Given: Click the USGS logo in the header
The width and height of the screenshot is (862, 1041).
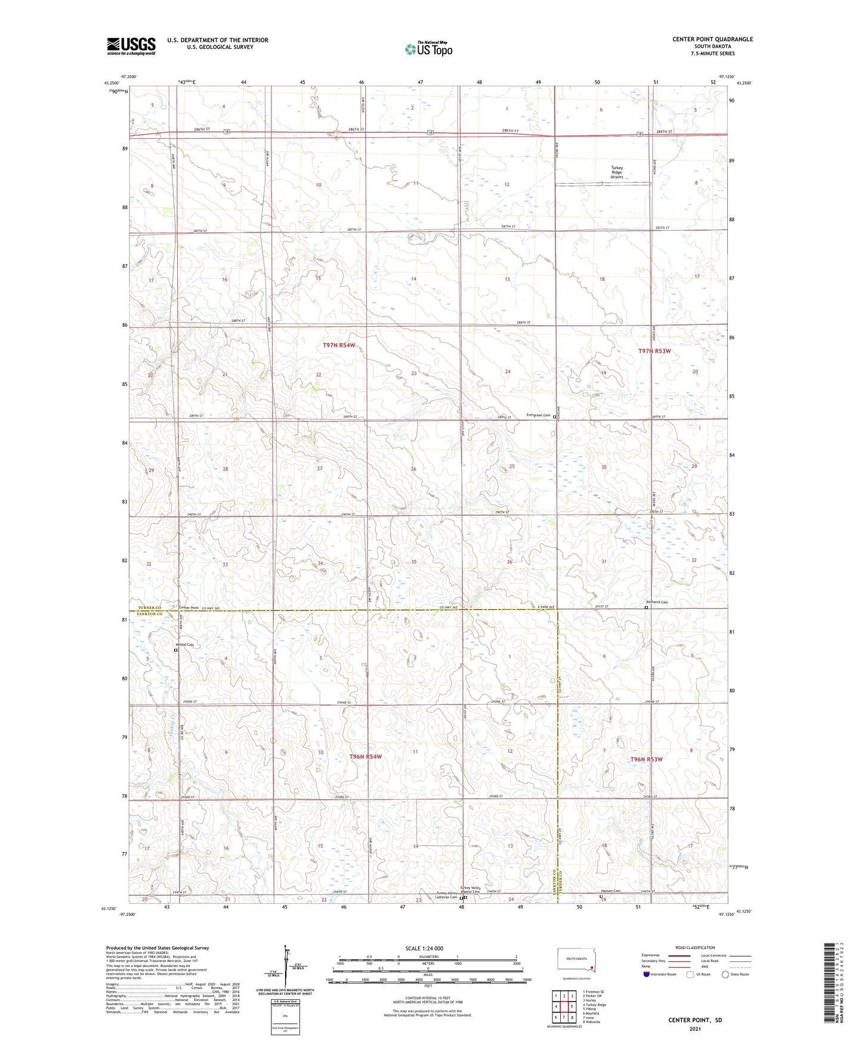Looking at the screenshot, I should [x=131, y=46].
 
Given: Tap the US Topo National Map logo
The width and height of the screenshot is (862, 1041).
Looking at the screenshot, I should [x=429, y=49].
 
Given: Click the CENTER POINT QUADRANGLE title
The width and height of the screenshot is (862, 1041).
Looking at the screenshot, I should [x=712, y=39].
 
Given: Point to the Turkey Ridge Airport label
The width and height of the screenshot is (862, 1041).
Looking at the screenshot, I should [x=616, y=172].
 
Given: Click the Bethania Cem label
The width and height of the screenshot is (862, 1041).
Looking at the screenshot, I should [x=657, y=602].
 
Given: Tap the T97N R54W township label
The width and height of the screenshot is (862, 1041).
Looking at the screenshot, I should [x=339, y=345].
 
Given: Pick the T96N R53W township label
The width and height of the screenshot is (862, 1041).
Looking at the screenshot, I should [x=646, y=759].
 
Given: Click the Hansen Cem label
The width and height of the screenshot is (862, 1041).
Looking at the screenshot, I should [x=610, y=891].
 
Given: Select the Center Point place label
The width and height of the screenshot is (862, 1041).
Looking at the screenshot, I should [x=189, y=608].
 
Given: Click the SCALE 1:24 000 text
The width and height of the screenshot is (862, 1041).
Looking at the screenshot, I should [x=424, y=948].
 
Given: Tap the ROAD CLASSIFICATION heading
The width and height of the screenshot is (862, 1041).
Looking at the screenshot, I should [x=695, y=947].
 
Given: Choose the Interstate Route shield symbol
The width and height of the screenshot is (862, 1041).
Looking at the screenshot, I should [x=646, y=974].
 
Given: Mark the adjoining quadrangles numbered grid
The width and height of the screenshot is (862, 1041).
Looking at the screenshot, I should [x=564, y=1006].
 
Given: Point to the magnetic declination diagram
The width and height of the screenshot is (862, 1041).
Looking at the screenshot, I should [x=285, y=968].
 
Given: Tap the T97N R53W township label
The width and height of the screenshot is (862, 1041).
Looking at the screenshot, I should [x=654, y=351].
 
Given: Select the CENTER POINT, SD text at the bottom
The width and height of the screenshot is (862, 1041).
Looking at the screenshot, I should [x=695, y=1020].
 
